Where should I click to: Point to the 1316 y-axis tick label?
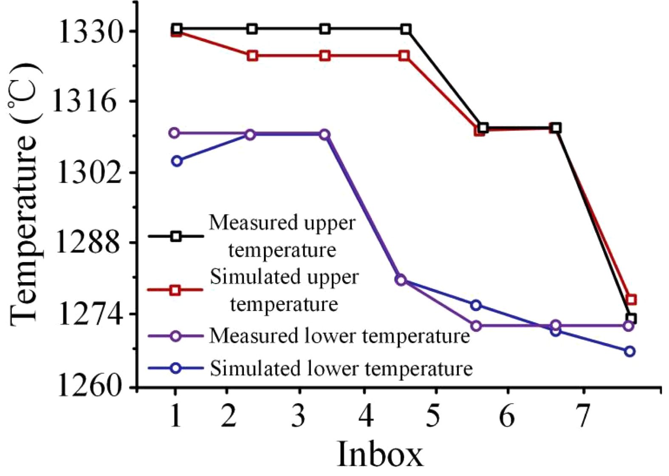84,101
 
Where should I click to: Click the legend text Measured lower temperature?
339,336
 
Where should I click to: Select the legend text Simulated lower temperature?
341,368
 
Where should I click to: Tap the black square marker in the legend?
176,236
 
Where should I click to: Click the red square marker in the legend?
175,290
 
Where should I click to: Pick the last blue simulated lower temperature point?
629,351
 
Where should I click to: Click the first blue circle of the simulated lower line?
177,161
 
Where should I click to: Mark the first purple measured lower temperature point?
174,133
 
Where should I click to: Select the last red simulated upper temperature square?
631,300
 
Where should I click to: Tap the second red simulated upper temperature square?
252,56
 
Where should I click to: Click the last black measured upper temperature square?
631,318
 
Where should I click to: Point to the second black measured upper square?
252,29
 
